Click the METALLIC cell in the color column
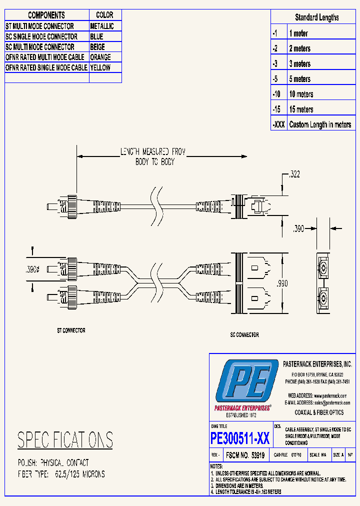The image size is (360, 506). click(102, 26)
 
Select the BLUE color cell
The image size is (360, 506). click(97, 36)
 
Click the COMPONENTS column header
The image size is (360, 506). click(46, 15)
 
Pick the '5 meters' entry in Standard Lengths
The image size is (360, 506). click(299, 79)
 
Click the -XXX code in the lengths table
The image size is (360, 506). click(279, 124)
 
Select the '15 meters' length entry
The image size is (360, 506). click(301, 109)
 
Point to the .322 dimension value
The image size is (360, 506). click(294, 174)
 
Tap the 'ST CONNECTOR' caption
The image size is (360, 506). click(70, 330)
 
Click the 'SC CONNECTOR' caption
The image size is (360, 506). click(244, 334)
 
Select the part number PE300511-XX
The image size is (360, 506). click(240, 438)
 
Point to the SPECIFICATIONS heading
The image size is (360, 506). click(65, 440)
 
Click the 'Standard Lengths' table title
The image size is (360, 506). click(316, 17)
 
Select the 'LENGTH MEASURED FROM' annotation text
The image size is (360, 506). click(152, 151)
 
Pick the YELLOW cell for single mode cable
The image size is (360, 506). click(100, 67)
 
